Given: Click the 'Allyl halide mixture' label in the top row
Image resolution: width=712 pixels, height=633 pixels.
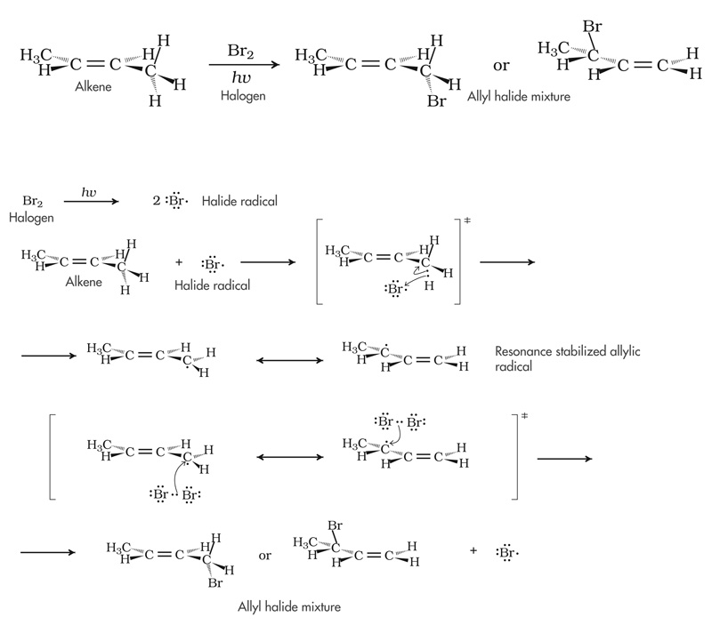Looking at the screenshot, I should (519, 93).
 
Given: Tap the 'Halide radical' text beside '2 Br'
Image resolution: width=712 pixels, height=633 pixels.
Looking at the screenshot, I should (240, 202).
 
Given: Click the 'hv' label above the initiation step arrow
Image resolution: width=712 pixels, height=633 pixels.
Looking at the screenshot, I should (89, 192).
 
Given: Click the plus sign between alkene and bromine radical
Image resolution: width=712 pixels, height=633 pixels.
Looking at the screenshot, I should (179, 263).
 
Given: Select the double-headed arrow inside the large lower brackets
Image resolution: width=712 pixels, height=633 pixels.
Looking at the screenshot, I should (289, 457).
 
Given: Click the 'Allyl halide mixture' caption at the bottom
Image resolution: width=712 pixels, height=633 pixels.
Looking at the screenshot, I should (289, 608).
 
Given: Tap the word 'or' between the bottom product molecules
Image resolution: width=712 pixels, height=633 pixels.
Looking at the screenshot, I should (264, 556).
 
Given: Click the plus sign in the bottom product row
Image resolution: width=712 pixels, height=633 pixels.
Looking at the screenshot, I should (473, 551).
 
